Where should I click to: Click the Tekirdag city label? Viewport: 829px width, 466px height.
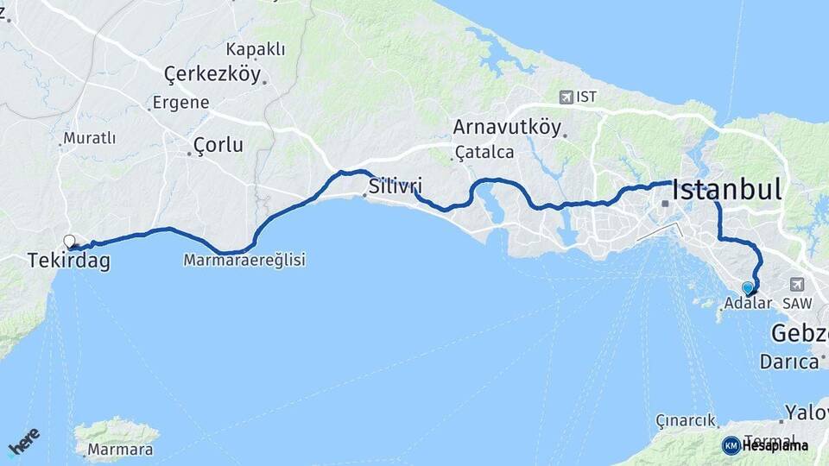tap(69, 261)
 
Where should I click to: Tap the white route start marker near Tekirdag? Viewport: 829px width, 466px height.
tap(69, 241)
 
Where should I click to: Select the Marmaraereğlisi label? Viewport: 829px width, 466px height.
tap(244, 259)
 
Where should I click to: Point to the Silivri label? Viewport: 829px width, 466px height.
tap(395, 186)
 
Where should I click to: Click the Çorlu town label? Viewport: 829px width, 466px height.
tap(218, 144)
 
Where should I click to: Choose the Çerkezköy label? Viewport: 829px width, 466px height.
tap(212, 75)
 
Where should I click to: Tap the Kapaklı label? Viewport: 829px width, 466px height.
tap(255, 49)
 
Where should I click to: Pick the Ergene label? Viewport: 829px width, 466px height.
tap(180, 102)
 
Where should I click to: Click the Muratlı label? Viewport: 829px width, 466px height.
tap(90, 138)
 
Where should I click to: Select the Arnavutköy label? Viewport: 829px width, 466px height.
tap(507, 127)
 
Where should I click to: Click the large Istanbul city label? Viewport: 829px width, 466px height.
tap(727, 190)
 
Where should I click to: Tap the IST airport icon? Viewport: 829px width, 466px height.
tap(566, 98)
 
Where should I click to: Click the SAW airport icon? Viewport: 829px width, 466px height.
tap(796, 284)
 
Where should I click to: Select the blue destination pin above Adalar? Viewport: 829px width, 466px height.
tap(748, 288)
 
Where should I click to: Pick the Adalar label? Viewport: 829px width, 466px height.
tap(748, 303)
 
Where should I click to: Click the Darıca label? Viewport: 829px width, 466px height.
tap(788, 361)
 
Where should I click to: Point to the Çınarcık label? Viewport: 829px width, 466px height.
tap(685, 421)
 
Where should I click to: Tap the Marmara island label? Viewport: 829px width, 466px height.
tap(120, 450)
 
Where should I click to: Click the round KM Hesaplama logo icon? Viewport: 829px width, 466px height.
tap(731, 445)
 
